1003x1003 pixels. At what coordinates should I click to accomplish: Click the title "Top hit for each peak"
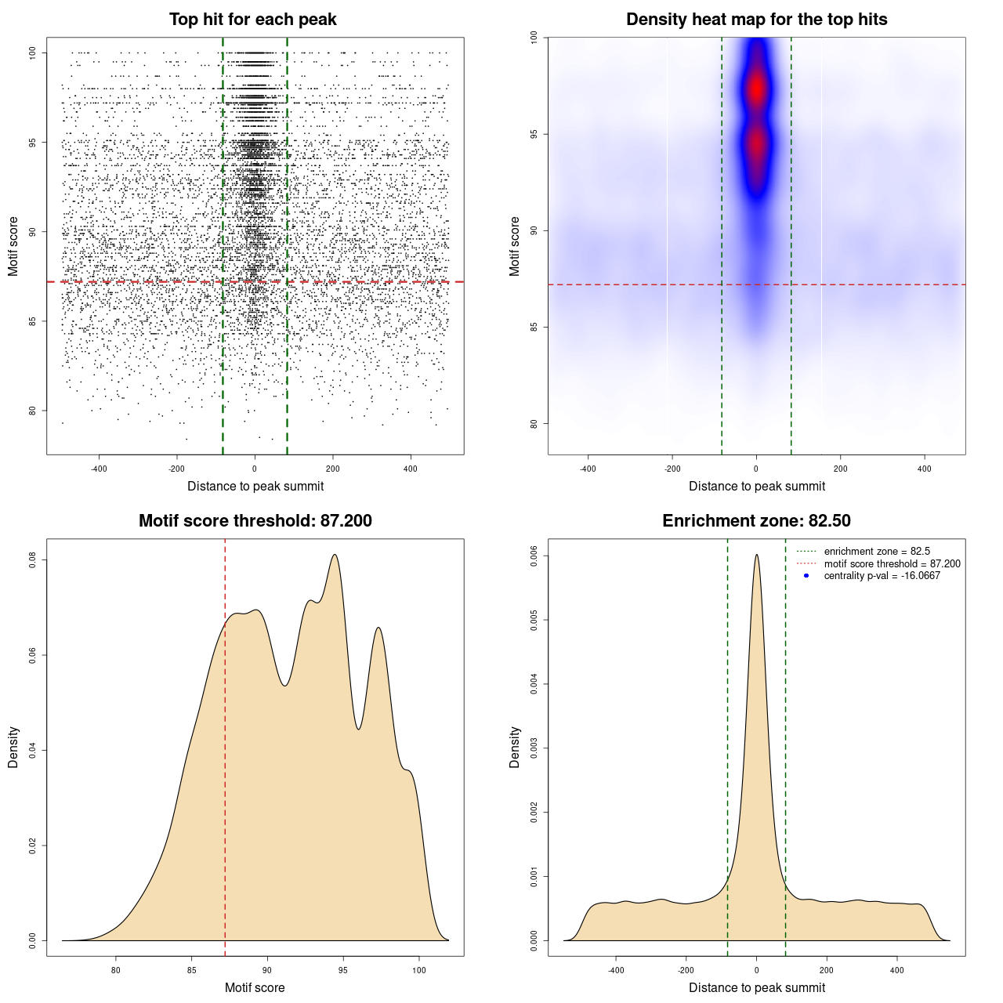[252, 20]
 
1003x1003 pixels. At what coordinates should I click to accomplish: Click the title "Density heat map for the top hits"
[756, 20]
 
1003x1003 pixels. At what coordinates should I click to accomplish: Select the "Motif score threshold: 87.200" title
[255, 521]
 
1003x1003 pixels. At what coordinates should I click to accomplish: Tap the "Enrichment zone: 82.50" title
[756, 521]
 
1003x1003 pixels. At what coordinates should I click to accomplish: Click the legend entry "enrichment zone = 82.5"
[877, 552]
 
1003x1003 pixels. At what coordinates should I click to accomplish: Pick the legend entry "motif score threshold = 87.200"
[892, 564]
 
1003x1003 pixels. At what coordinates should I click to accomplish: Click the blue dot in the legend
[806, 576]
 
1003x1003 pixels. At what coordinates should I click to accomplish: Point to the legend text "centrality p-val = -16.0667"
[882, 576]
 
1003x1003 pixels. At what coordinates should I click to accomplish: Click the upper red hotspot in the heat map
[756, 89]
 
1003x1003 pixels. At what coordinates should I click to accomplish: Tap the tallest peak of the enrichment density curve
[756, 556]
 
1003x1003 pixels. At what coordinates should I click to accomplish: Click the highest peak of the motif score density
[335, 556]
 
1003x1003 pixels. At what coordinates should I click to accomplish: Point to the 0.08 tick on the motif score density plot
[33, 559]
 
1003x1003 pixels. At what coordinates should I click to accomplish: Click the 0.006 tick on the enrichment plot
[534, 556]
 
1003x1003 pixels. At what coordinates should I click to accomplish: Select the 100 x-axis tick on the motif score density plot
[418, 970]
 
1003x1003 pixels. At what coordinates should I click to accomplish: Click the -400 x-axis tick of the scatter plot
[99, 469]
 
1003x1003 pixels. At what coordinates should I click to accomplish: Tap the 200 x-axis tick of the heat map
[840, 469]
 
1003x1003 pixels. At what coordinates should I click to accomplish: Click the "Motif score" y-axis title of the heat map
[515, 246]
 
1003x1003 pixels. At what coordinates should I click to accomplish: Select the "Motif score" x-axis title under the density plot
[255, 987]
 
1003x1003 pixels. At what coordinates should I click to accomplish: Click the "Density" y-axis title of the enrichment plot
[515, 747]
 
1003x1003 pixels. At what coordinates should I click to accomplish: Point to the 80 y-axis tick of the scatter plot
[33, 411]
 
